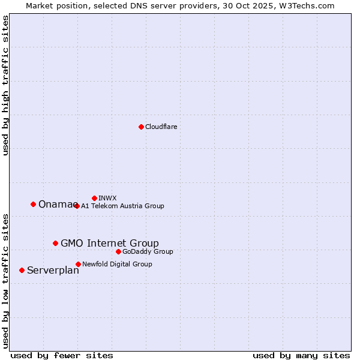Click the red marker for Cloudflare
click(141, 127)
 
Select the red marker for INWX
click(94, 198)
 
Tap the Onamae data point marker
click(33, 204)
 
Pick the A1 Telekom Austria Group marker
click(77, 206)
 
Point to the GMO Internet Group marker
click(55, 243)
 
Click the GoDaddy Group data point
click(118, 251)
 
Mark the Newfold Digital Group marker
click(78, 264)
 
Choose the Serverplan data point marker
click(22, 270)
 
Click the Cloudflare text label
click(161, 127)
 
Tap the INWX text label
click(107, 198)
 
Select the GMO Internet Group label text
click(110, 243)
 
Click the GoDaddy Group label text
click(148, 251)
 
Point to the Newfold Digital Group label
click(117, 264)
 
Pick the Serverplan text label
click(53, 271)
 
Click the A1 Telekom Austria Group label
click(122, 206)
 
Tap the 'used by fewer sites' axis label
click(62, 355)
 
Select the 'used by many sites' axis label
click(301, 355)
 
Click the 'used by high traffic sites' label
click(6, 85)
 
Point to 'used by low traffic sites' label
click(6, 280)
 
